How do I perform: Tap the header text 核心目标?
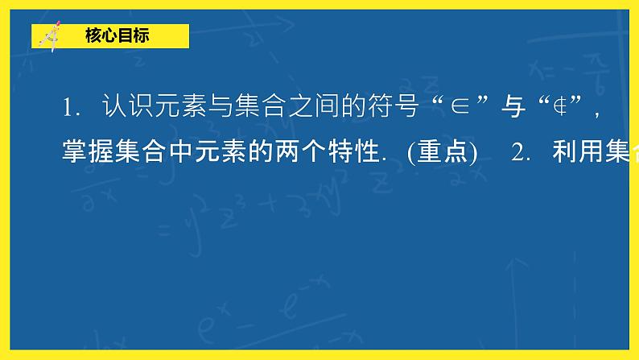click(116, 36)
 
